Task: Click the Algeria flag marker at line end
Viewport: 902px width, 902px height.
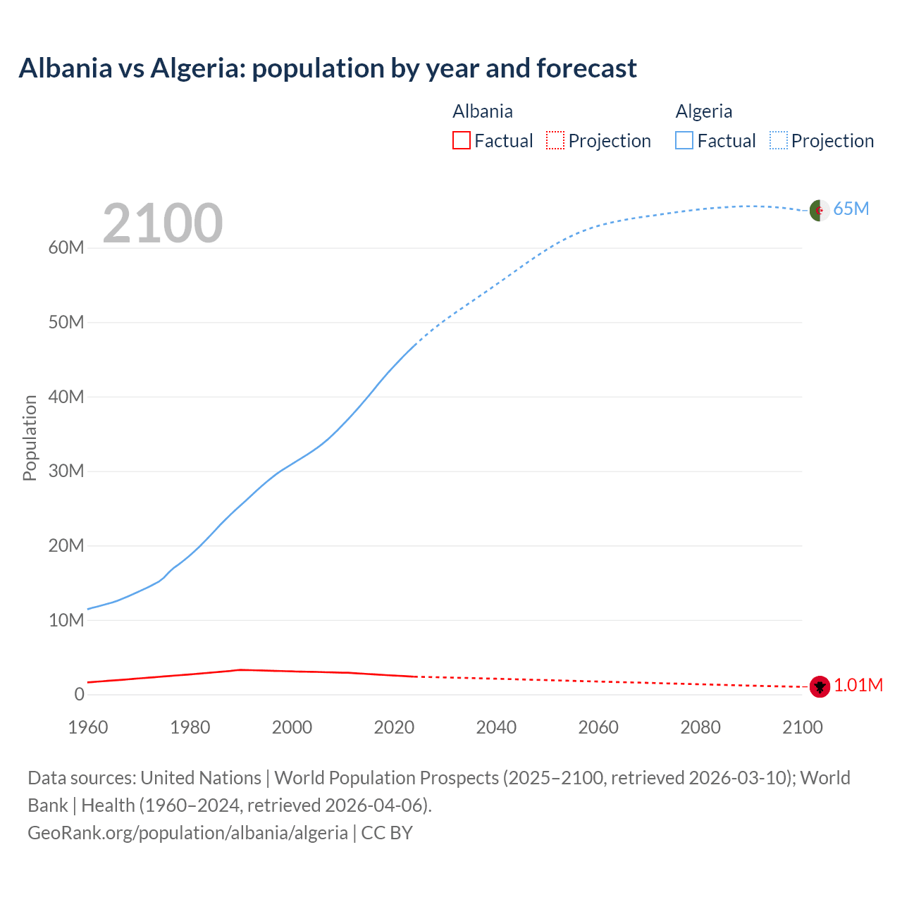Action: (x=819, y=210)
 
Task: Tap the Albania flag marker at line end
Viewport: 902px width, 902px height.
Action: (x=820, y=686)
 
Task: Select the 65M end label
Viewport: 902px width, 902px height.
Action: (x=851, y=209)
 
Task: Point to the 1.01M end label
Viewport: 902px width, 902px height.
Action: (x=858, y=686)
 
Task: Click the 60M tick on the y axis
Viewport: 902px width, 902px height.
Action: (x=66, y=248)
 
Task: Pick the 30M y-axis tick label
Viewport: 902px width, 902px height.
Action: (x=66, y=471)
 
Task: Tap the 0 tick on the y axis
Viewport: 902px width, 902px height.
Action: (x=79, y=695)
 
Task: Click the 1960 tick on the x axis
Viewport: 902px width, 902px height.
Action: (x=88, y=727)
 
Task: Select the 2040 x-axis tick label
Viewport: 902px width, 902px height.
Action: (x=496, y=727)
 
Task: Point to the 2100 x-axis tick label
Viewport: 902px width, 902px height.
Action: (x=803, y=727)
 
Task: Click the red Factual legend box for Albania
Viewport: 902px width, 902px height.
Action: (x=462, y=140)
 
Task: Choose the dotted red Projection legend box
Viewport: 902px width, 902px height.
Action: (x=555, y=140)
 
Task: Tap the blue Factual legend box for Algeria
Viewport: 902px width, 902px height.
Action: (x=684, y=140)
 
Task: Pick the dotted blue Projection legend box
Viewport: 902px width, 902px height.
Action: (x=779, y=140)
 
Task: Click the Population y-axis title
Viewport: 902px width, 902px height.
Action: (x=30, y=438)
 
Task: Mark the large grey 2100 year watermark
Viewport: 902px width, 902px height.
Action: (x=163, y=223)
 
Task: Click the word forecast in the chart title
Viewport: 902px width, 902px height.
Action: (x=586, y=68)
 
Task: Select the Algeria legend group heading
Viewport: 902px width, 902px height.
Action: (x=704, y=111)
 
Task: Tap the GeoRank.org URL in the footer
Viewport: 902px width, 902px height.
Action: (x=187, y=833)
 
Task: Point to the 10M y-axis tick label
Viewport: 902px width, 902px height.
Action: (x=66, y=620)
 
